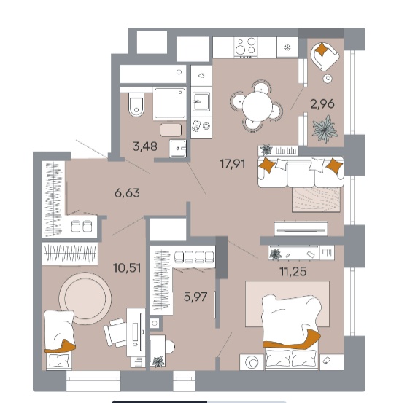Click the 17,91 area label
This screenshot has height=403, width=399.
coord(233,164)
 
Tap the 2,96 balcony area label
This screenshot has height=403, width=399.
coord(322,104)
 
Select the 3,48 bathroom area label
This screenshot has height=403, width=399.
coord(145,146)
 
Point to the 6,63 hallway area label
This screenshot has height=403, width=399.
coord(127,193)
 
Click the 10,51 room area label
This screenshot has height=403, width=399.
coord(127,267)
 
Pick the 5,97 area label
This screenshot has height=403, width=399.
coord(195,297)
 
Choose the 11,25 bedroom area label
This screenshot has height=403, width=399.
coord(293,271)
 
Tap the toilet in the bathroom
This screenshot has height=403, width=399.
coord(136,105)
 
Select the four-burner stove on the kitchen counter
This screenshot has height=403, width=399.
coord(247,47)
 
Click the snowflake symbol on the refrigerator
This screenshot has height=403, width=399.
coord(287,47)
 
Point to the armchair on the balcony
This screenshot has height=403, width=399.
coord(325,57)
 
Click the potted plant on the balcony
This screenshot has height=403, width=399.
coord(325,128)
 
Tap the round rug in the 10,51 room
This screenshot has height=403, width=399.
coord(85,298)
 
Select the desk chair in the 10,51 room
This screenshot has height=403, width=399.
coord(115,332)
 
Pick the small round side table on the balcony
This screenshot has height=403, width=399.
coord(328,79)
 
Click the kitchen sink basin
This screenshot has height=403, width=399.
coord(201,101)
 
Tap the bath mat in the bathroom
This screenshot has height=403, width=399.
coord(171,130)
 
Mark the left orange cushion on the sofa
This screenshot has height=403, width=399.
coord(267,165)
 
